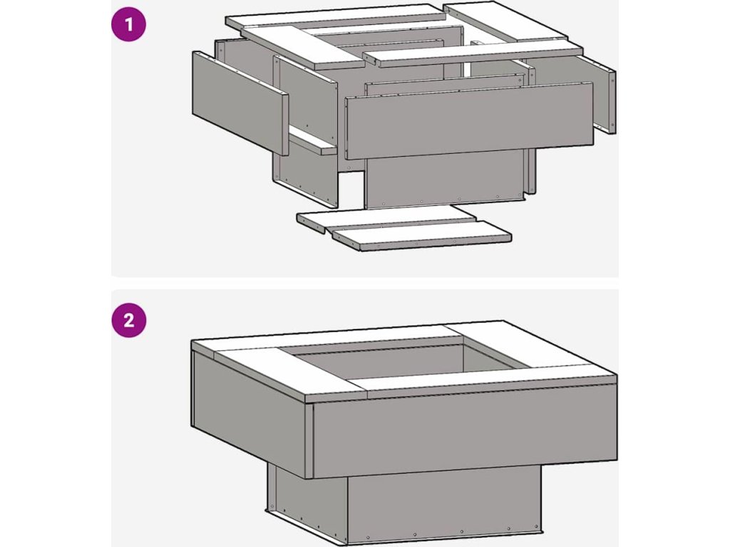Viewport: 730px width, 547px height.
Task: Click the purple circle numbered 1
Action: click(128, 24)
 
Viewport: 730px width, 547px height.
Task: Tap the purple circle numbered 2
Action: click(128, 320)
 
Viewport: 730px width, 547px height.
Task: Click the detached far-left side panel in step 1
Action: click(240, 103)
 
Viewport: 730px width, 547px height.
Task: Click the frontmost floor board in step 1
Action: click(421, 235)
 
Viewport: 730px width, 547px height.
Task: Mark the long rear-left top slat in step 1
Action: click(335, 18)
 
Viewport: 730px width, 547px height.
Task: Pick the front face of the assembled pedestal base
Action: click(445, 506)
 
